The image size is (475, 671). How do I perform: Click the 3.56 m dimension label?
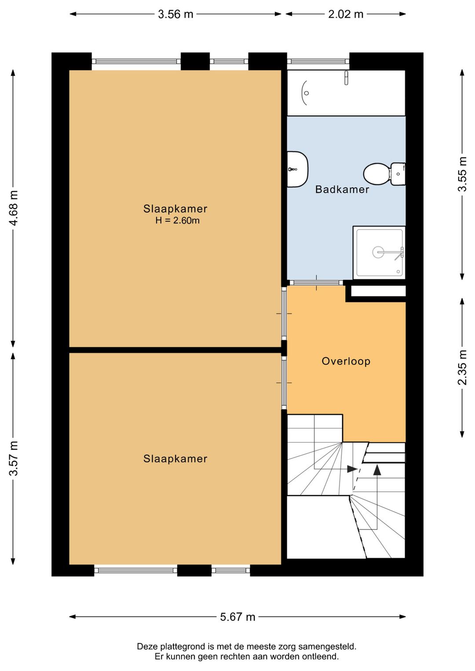(x=175, y=14)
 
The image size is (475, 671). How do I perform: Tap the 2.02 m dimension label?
(x=346, y=14)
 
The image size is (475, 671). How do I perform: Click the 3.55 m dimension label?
(x=462, y=174)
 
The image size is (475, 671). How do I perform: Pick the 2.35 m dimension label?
(x=462, y=368)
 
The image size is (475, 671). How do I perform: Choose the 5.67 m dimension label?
(x=237, y=617)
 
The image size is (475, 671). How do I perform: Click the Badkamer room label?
(x=342, y=190)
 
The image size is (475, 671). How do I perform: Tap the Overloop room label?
(x=346, y=361)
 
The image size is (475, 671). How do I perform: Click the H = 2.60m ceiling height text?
(x=177, y=220)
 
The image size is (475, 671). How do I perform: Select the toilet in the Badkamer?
(x=384, y=174)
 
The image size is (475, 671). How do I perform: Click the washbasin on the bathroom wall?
(x=298, y=170)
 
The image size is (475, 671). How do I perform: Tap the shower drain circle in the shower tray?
(x=378, y=252)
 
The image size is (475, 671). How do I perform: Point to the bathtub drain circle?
(x=306, y=93)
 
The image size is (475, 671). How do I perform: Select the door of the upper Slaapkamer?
(x=284, y=314)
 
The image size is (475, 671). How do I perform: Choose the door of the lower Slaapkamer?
(x=284, y=383)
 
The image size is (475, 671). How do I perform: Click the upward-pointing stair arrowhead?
(x=377, y=470)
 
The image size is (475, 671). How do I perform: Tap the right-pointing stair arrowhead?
(x=352, y=469)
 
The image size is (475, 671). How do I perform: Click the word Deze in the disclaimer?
(x=146, y=646)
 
